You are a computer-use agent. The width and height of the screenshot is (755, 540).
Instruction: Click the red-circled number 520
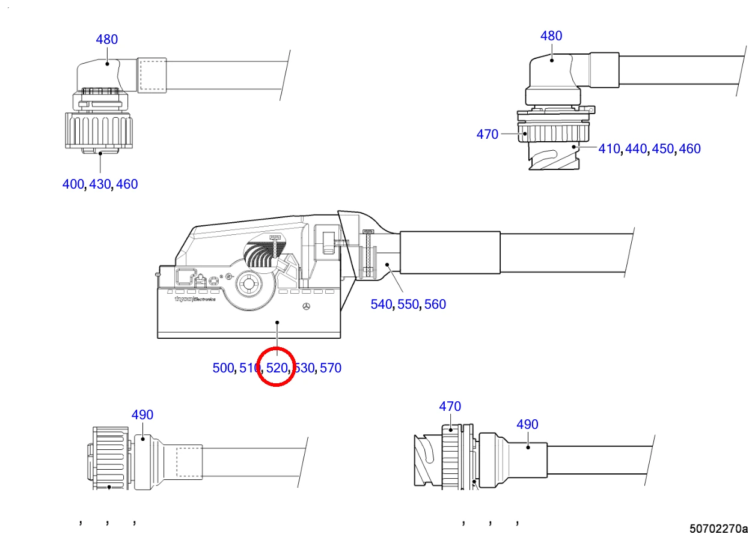(x=277, y=368)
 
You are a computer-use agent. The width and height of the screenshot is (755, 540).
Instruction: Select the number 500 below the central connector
(x=223, y=368)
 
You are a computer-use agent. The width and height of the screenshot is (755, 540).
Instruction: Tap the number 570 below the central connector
(x=331, y=368)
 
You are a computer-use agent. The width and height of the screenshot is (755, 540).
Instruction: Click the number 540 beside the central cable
(x=381, y=304)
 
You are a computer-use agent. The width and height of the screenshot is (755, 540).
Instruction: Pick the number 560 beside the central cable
(x=435, y=304)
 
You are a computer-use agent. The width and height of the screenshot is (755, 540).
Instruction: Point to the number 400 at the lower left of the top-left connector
(x=73, y=184)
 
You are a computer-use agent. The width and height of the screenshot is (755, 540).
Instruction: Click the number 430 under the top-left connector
(x=100, y=184)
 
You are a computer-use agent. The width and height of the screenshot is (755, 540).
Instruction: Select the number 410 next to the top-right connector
(x=609, y=148)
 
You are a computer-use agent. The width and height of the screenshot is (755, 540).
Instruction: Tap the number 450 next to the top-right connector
(x=662, y=148)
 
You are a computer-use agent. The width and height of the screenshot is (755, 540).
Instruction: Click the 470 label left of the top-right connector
(x=487, y=135)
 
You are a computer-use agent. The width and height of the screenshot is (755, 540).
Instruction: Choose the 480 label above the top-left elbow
(x=107, y=40)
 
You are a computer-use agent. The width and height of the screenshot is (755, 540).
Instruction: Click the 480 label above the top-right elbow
(x=551, y=35)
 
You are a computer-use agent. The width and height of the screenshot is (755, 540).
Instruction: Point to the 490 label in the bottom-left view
(x=142, y=414)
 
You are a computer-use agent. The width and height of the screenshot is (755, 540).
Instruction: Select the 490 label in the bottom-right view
(x=527, y=425)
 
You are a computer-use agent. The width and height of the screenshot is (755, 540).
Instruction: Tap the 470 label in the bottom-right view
(x=450, y=406)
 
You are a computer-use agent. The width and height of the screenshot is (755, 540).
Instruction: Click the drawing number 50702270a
(x=718, y=529)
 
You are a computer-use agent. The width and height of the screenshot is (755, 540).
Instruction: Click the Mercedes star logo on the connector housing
(x=307, y=306)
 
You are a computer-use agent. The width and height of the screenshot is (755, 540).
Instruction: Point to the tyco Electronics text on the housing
(x=195, y=299)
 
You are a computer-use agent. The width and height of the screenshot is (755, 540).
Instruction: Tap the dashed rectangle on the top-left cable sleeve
(x=153, y=76)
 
